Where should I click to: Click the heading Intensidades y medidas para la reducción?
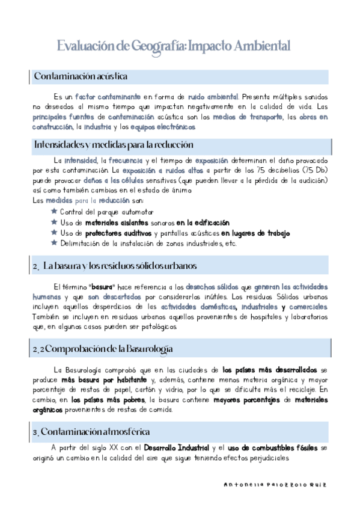[114, 145]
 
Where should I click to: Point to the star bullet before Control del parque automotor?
[54, 212]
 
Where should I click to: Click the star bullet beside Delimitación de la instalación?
[54, 243]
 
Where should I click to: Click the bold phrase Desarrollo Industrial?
[176, 448]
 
